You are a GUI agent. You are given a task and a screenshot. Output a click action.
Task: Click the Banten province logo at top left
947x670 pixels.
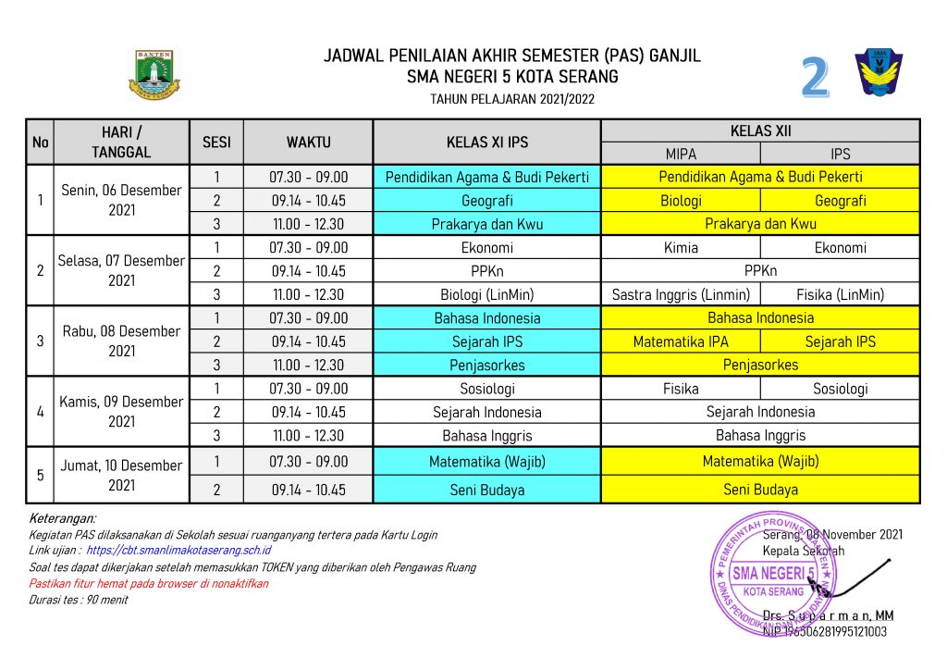click(154, 74)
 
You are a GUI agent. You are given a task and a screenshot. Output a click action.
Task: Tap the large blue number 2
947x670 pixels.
click(814, 80)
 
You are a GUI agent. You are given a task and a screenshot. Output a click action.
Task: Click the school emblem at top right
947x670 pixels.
click(879, 74)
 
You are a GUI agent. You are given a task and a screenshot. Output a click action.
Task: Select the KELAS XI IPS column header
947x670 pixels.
click(486, 143)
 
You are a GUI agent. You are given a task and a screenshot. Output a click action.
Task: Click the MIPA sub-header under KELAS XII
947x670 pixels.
click(681, 154)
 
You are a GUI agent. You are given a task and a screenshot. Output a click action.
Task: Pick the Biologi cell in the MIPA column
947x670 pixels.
click(681, 201)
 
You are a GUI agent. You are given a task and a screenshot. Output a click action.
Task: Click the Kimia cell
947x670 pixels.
click(681, 248)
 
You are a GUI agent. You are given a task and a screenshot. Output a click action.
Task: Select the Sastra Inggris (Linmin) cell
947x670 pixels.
click(681, 295)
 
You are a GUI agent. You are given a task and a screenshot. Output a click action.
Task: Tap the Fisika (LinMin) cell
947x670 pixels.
click(840, 295)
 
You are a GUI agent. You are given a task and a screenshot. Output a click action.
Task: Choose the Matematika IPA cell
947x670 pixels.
click(681, 341)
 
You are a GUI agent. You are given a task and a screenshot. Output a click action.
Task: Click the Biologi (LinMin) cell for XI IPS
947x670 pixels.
click(486, 295)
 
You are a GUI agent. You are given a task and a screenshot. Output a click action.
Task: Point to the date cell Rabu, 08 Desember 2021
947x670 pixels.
click(121, 341)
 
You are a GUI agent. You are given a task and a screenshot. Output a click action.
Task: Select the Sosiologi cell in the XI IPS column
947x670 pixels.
click(486, 389)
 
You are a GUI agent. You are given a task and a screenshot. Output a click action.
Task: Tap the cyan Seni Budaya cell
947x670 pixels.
click(486, 490)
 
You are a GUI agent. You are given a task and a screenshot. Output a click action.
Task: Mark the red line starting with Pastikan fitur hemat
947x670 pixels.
click(148, 584)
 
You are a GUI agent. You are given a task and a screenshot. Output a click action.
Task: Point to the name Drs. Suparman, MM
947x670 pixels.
click(828, 616)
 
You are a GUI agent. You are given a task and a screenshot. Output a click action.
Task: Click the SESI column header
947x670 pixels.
click(216, 143)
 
